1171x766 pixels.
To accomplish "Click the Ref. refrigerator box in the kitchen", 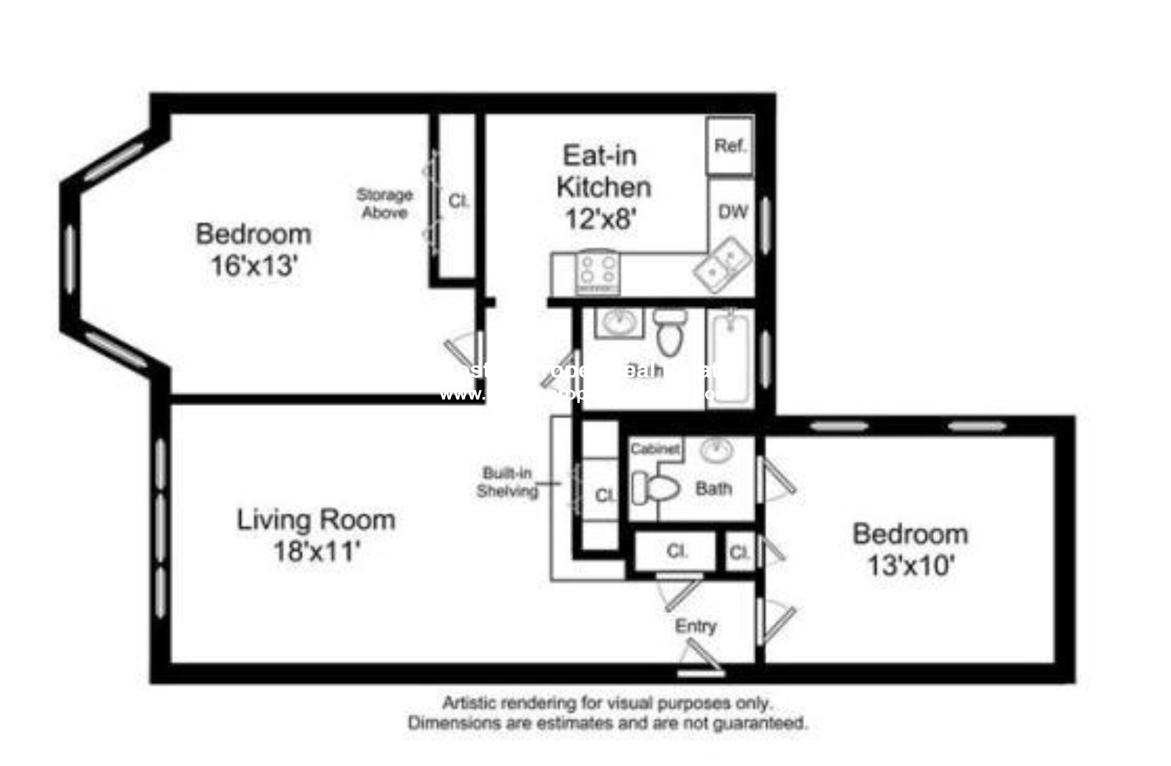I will coord(729,146).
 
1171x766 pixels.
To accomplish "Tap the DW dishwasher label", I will coord(732,212).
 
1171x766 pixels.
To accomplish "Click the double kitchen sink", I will coord(723,265).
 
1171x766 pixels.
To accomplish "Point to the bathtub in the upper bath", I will coord(730,359).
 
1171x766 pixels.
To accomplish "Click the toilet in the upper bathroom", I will coord(669,331).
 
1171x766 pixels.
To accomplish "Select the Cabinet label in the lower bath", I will coord(655,449).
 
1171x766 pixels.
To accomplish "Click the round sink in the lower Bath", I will coord(716,451).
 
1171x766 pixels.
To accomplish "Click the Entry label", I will coord(695,626).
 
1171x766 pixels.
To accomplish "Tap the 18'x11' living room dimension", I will coord(316,551).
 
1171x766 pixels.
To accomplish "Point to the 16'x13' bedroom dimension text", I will coord(254,266).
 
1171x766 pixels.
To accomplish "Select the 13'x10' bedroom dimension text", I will coord(910,565).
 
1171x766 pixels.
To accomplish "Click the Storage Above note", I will coord(385,204).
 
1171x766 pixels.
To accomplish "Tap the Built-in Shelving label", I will coord(507,482).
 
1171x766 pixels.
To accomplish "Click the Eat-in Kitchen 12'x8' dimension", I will coord(600,219).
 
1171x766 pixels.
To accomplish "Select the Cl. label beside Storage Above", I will coord(458,201).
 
